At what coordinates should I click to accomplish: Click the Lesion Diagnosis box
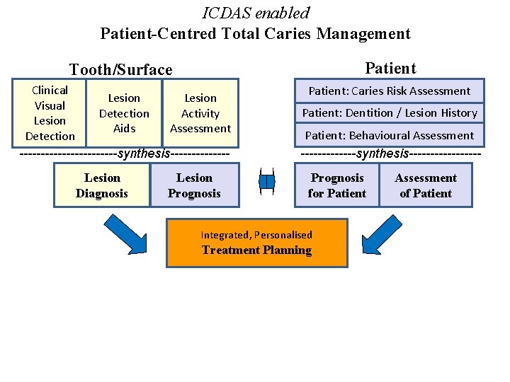(x=102, y=185)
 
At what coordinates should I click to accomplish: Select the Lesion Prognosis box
(x=194, y=185)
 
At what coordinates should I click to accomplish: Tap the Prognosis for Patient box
(x=337, y=185)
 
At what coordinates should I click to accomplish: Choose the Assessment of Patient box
(x=426, y=185)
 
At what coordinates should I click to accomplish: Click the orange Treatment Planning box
(x=256, y=243)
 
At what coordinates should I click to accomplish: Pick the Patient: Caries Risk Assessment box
(x=390, y=91)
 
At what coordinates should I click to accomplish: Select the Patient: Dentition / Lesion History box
(x=390, y=112)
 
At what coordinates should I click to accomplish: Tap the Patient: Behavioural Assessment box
(x=390, y=135)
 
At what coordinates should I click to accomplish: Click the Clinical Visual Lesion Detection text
(x=50, y=113)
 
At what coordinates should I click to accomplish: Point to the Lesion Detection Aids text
(x=124, y=113)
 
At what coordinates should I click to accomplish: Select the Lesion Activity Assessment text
(x=200, y=113)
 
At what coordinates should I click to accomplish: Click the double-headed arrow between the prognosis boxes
(x=266, y=182)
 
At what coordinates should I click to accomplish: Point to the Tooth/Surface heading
(x=120, y=69)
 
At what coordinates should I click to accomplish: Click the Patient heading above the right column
(x=390, y=68)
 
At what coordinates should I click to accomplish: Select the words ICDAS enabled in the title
(x=256, y=13)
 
